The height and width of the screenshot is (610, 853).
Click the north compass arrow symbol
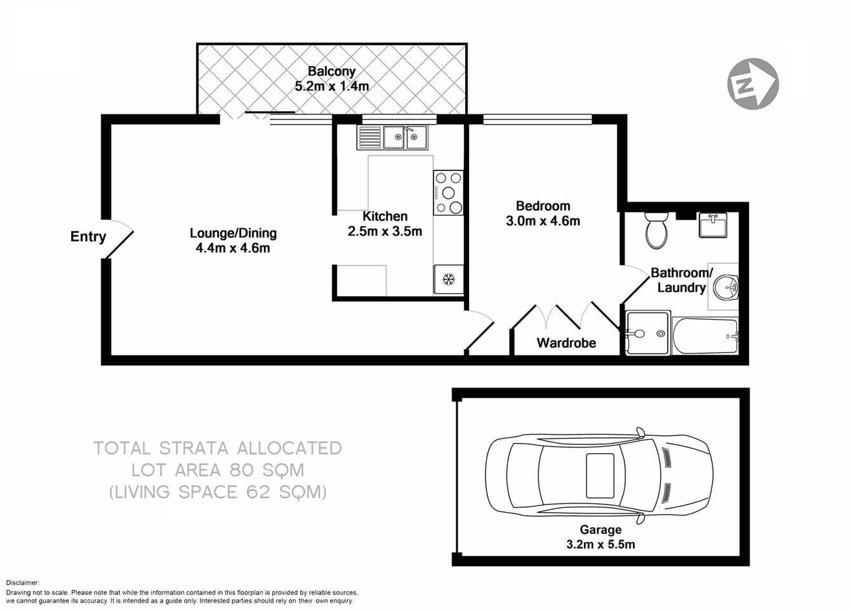753,83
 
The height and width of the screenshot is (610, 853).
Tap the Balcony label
331,71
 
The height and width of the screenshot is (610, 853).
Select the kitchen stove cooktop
449,193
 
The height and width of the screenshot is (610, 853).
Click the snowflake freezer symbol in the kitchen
449,279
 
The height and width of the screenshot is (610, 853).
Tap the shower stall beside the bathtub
648,333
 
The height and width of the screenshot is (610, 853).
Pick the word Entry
88,236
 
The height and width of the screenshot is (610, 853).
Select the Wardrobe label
566,343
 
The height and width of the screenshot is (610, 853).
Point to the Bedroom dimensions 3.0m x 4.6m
543,221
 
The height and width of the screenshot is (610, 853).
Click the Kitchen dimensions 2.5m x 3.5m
385,231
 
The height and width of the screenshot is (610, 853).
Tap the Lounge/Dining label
233,233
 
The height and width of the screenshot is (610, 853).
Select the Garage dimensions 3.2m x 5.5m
600,544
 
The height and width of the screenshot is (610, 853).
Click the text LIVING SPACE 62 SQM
218,492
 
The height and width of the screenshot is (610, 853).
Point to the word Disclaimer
23,583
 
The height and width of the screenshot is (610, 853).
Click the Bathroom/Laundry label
682,280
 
